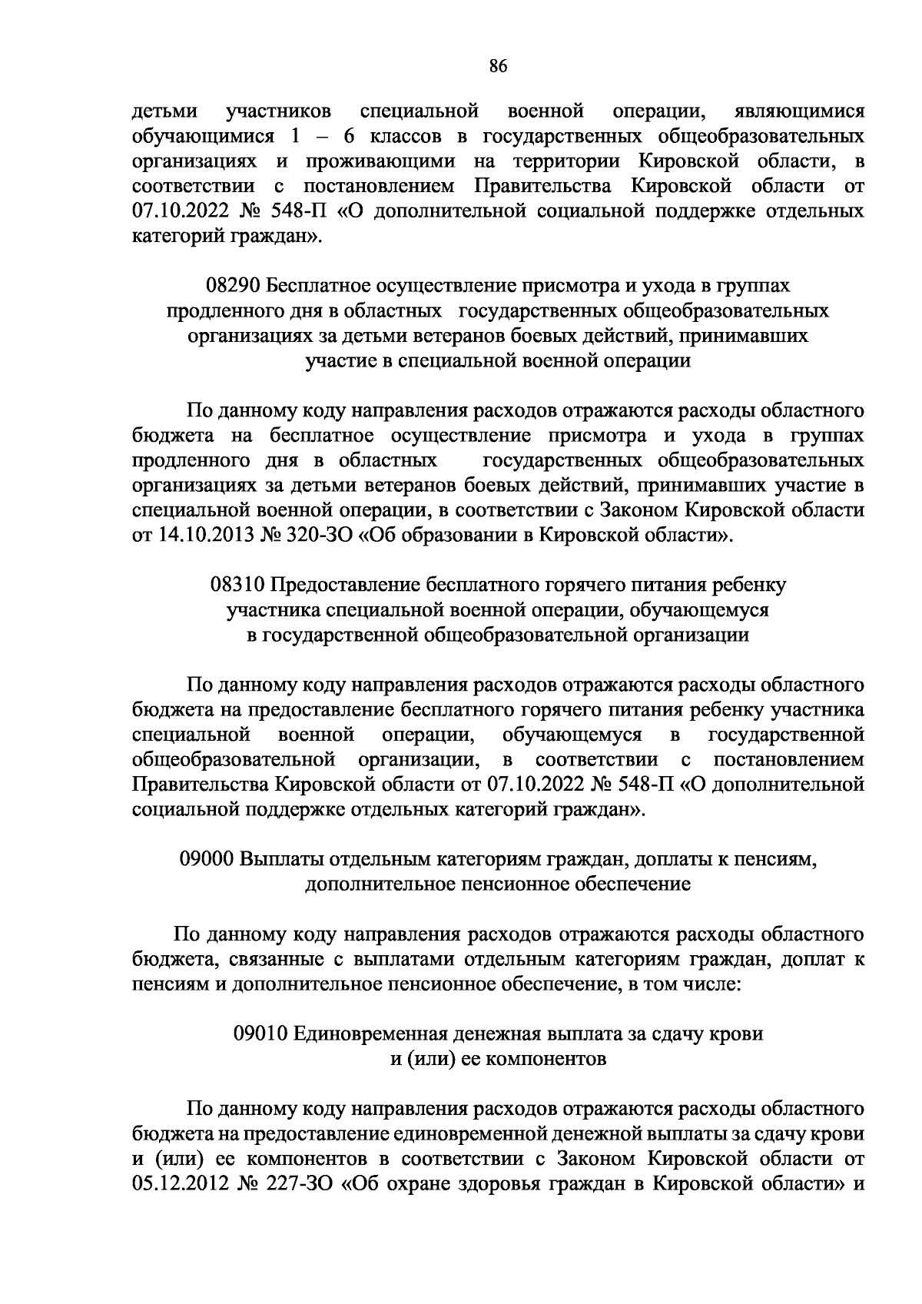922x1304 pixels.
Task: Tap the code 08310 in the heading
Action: coord(237,585)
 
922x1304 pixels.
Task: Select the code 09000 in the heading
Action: coord(206,859)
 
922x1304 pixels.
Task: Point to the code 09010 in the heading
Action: coord(260,1034)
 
